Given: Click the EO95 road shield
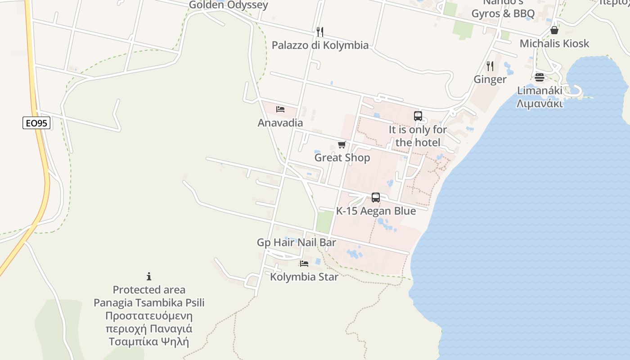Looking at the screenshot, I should (36, 123).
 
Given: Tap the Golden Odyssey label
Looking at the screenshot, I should (228, 5).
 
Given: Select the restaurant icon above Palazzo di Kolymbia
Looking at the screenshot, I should (320, 31).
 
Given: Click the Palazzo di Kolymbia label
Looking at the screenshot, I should (320, 45).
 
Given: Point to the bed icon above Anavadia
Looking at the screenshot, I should (280, 109).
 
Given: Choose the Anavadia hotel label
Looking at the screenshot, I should (280, 123).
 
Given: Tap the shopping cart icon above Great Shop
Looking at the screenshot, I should (342, 144).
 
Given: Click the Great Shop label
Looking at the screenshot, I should (342, 157).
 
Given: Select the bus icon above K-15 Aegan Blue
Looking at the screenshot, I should (376, 197).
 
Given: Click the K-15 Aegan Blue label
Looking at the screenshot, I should (376, 211).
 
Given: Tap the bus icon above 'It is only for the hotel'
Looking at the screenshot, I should (418, 116).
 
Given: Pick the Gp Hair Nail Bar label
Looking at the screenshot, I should (296, 243).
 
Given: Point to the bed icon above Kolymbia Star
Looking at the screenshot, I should (304, 263).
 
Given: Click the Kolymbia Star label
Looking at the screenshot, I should (304, 277).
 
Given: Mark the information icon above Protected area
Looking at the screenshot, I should (149, 276).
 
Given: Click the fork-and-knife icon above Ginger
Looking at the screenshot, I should (490, 66).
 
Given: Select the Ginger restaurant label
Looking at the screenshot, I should (490, 80).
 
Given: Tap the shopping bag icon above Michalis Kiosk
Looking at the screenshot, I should (554, 30).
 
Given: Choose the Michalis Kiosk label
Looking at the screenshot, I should (554, 44).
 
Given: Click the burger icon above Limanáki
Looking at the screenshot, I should (540, 77).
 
